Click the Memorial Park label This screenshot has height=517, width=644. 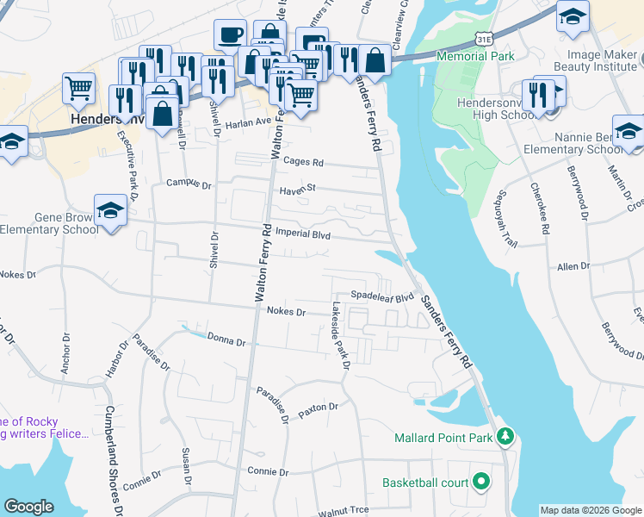[x=475, y=56]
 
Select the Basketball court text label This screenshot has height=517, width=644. [x=425, y=482]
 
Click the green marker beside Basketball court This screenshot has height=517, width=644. [x=480, y=482]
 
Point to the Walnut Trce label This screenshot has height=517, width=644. [x=343, y=510]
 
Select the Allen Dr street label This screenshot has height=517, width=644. [x=573, y=267]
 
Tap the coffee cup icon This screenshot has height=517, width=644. [x=229, y=35]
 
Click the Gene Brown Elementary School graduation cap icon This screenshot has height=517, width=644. [x=110, y=210]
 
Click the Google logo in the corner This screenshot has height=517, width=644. [x=29, y=507]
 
